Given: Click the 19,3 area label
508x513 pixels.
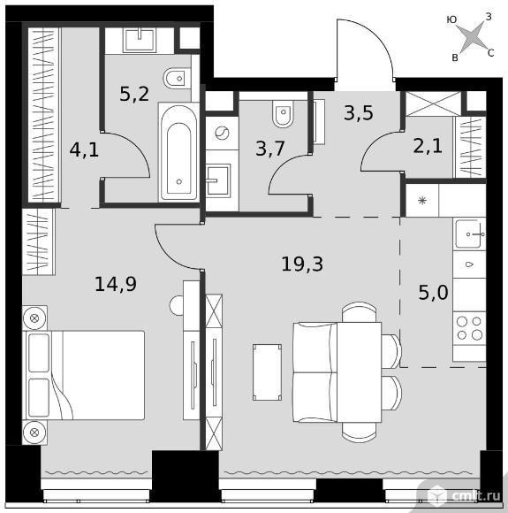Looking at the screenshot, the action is point(302,264).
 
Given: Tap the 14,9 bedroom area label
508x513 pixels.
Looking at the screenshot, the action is point(116,284).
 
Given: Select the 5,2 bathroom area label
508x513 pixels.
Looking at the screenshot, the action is point(134,94).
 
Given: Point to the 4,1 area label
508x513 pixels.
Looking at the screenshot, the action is point(84,150).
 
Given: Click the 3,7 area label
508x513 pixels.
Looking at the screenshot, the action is point(270,149).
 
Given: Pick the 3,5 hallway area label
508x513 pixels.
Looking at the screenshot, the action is point(359,113).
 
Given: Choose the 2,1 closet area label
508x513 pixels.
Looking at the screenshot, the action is point(428,146).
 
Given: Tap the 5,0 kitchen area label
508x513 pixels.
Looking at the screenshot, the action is point(433,292).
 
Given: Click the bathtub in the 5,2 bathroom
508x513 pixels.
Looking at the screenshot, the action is point(178,152).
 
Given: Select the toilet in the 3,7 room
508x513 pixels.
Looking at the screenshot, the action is point(283,113).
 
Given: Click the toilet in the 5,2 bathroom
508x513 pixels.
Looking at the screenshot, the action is point(177,79).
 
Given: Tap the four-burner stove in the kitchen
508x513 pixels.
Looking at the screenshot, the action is point(469,328).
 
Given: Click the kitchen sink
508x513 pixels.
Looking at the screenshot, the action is point(470,234).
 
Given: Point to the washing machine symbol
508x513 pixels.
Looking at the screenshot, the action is point(222,134).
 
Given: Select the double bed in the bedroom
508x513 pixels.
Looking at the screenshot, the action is point(83,375).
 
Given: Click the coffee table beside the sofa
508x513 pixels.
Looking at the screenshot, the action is point(267,372).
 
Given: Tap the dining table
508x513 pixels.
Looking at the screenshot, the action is point(359,372).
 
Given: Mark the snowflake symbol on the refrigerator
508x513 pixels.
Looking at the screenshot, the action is point(422,200).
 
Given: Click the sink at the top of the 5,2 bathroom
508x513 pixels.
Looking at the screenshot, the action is point(140,40).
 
